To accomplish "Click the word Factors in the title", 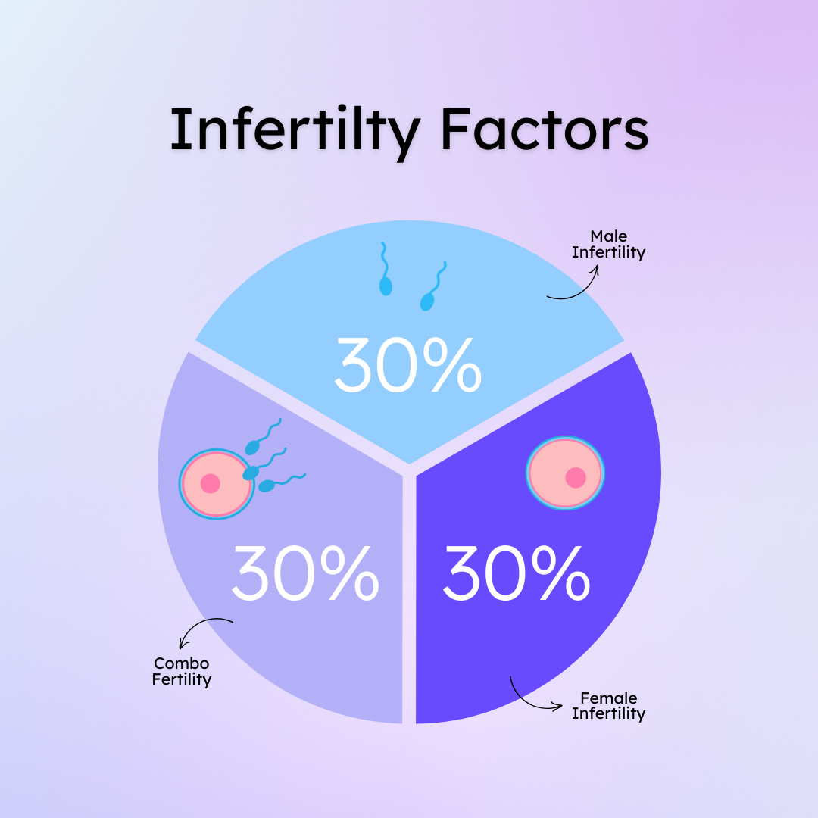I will [x=544, y=130].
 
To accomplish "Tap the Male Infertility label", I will [x=608, y=245].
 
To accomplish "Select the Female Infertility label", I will [x=608, y=706].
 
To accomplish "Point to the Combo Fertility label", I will [x=182, y=672].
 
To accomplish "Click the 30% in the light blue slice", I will [x=407, y=365].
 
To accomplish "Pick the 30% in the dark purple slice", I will [x=516, y=574].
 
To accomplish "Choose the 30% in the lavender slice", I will [x=304, y=574].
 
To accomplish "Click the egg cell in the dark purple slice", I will [x=566, y=473].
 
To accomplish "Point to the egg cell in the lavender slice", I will [x=216, y=483].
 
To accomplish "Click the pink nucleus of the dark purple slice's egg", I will [x=576, y=477].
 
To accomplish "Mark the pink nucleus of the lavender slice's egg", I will [x=210, y=483].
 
